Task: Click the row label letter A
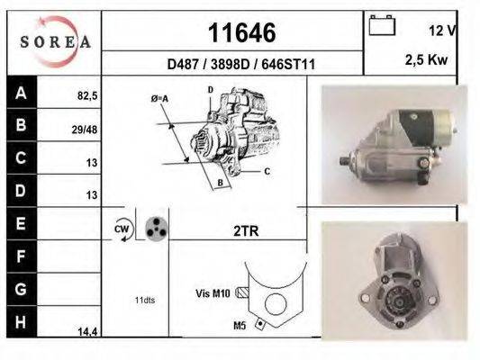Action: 21,93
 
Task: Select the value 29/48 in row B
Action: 85,129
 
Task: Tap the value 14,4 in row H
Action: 86,331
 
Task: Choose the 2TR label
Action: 246,231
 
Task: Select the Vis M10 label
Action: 213,292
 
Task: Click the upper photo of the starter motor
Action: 389,145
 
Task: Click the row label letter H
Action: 21,322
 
